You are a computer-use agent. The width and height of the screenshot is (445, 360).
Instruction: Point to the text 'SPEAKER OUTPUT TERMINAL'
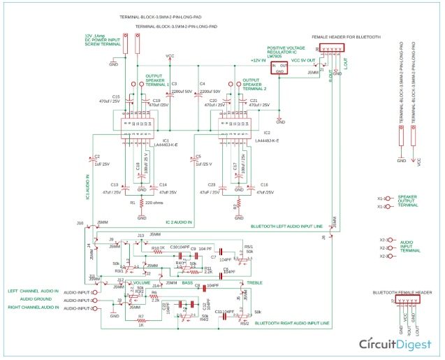coord(408,201)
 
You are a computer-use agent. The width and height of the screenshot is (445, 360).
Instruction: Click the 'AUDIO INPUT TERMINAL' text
coord(408,246)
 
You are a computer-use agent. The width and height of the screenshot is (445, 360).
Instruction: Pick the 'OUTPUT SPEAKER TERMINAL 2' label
coord(255,84)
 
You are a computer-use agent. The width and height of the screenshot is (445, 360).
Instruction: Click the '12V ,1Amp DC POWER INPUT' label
coord(99,39)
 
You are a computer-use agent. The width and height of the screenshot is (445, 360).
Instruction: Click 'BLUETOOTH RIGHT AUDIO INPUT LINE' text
coord(291,323)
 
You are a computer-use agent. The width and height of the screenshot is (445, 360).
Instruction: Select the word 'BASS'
coord(187,282)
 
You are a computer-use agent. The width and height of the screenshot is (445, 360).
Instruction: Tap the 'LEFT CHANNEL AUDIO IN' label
coord(34,291)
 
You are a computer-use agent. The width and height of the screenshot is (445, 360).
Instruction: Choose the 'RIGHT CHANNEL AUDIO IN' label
coord(34,308)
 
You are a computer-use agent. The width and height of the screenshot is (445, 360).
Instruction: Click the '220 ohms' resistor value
coord(154,203)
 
